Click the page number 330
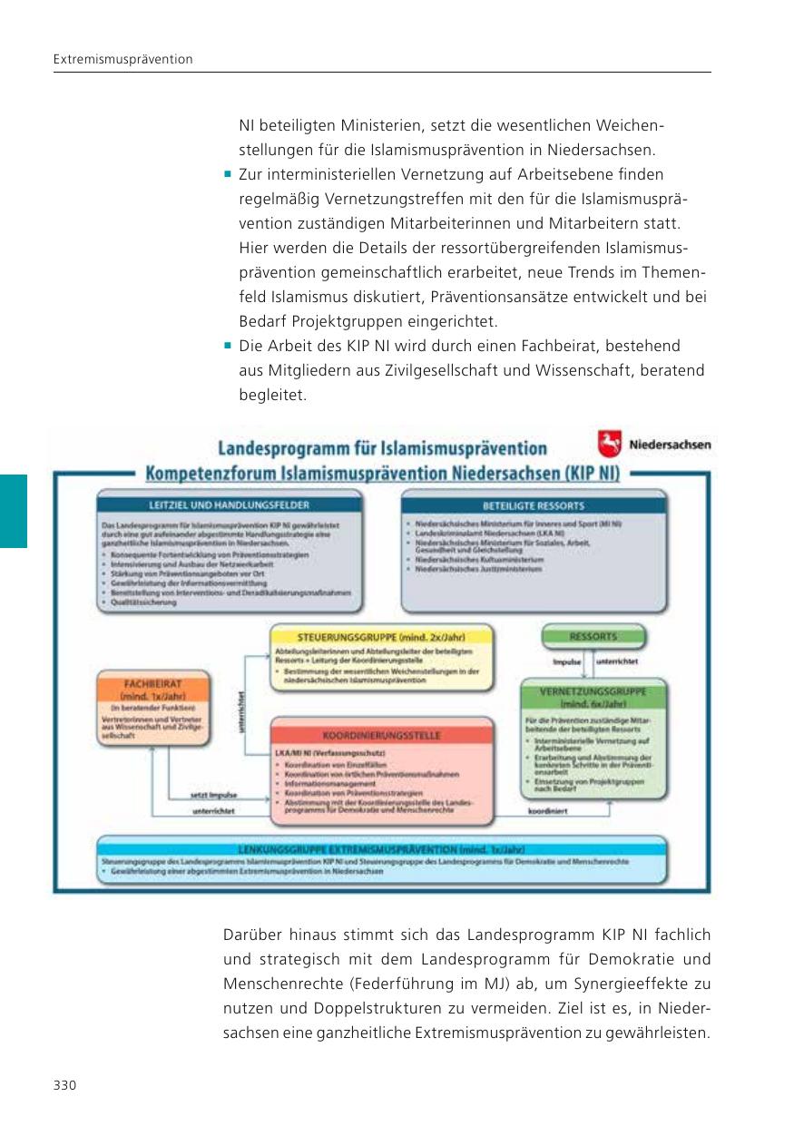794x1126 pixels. pos(64,1085)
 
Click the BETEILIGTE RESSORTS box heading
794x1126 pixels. pos(534,504)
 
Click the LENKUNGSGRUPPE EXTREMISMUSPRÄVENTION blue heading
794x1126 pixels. pos(381,849)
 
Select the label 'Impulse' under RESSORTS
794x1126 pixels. pos(566,662)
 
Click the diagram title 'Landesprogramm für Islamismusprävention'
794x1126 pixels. pos(381,447)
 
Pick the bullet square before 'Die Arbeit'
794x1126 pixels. pos(228,346)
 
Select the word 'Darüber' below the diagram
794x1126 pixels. pos(250,935)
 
